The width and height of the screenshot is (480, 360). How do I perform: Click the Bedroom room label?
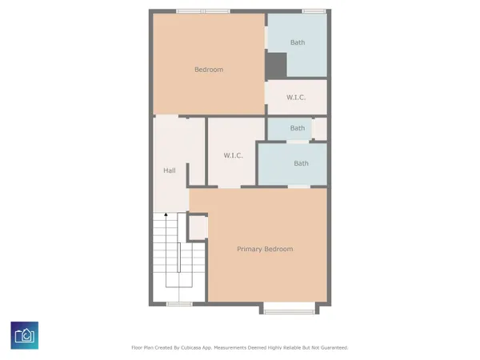point(209,70)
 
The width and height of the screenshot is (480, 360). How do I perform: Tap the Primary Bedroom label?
point(265,249)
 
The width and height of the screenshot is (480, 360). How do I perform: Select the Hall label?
point(170,170)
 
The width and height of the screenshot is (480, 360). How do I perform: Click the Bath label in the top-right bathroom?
point(298,42)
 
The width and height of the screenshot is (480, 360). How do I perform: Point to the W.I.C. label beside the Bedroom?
point(297,98)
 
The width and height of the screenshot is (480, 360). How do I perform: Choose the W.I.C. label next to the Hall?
point(233,155)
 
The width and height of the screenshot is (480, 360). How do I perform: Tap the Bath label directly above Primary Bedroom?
point(301,163)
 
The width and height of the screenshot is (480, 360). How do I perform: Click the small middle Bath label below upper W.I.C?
point(297,128)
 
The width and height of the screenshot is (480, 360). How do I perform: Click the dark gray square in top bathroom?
point(277,65)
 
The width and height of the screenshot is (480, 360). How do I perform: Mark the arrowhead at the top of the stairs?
point(166,214)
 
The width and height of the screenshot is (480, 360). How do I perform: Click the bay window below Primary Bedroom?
point(288,308)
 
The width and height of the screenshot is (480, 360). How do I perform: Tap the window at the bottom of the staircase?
point(178,304)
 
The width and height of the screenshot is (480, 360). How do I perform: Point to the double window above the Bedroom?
point(203,11)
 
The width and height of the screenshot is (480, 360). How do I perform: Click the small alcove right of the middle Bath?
point(320,128)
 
